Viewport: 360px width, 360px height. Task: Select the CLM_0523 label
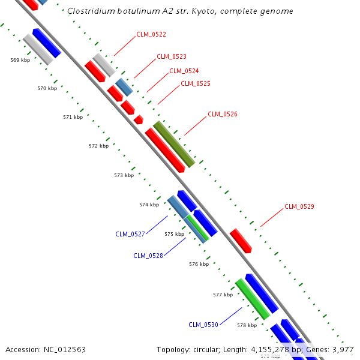coord(172,57)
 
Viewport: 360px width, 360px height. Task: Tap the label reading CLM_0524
coord(184,71)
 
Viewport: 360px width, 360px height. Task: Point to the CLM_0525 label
coord(196,84)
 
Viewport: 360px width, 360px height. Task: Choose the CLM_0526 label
coord(223,114)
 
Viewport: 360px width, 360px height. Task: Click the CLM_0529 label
coord(299,206)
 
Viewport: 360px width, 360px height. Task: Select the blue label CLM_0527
coord(130,234)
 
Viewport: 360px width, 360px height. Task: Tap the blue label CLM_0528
coord(148,256)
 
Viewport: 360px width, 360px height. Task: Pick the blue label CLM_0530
coord(203,325)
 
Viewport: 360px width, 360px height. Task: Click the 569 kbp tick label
coord(20,60)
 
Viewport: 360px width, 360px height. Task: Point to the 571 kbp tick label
coord(73,117)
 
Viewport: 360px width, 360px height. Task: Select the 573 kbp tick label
coord(124,175)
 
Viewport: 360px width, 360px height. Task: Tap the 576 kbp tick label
coord(199,264)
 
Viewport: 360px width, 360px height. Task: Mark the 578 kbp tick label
coord(247,325)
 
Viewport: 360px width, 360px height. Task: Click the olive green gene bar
coord(174,144)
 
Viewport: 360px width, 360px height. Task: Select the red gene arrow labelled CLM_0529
coord(241,240)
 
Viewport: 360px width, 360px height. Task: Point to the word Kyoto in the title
coord(220,11)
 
